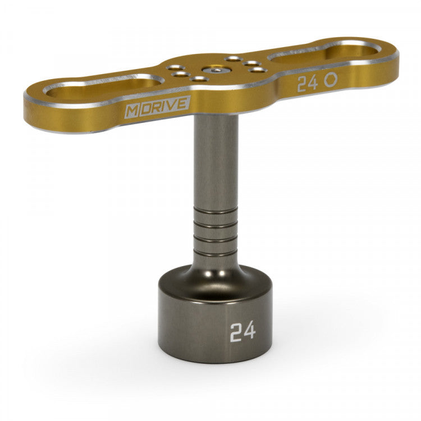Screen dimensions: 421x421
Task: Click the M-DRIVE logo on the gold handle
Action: (157, 107)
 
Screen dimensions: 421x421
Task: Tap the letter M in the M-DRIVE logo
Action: (130, 110)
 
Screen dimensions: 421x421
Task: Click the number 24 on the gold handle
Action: (307, 84)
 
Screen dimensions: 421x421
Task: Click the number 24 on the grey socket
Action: (242, 331)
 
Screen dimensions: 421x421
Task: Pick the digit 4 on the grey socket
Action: (249, 331)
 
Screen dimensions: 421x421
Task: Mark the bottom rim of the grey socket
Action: (216, 359)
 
